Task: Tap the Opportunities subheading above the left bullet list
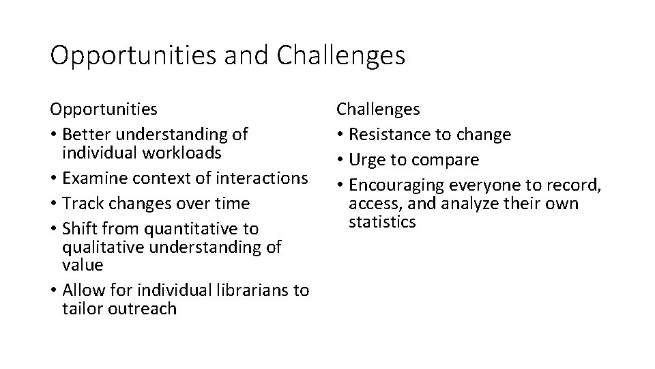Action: coord(104,109)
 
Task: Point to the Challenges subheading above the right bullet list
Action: coord(378,109)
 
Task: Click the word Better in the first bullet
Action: coord(87,134)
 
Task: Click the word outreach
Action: coord(147,309)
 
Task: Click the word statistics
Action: coord(382,222)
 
